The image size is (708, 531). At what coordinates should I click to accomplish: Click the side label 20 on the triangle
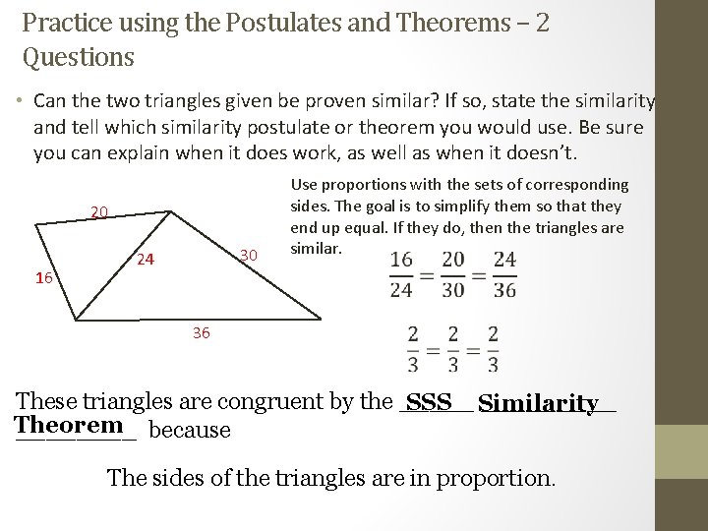[x=99, y=211]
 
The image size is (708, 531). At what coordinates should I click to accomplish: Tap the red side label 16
[x=43, y=278]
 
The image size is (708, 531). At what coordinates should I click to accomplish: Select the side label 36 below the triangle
[x=202, y=333]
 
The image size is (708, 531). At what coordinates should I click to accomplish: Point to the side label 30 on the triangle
[x=248, y=256]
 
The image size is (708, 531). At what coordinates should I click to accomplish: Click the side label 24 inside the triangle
[x=146, y=261]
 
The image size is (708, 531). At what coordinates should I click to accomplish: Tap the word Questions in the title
[x=78, y=57]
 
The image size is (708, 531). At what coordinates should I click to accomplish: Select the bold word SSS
[x=428, y=403]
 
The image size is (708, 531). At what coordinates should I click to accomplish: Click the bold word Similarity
[x=542, y=404]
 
